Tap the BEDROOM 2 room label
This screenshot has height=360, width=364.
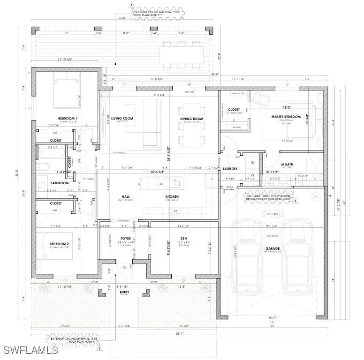(60, 244)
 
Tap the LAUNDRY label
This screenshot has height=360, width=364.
(230, 169)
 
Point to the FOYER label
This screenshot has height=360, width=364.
(125, 238)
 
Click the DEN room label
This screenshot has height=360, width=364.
(184, 238)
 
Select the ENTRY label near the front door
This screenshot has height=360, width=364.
(125, 292)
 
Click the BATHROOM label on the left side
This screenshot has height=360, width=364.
(60, 183)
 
